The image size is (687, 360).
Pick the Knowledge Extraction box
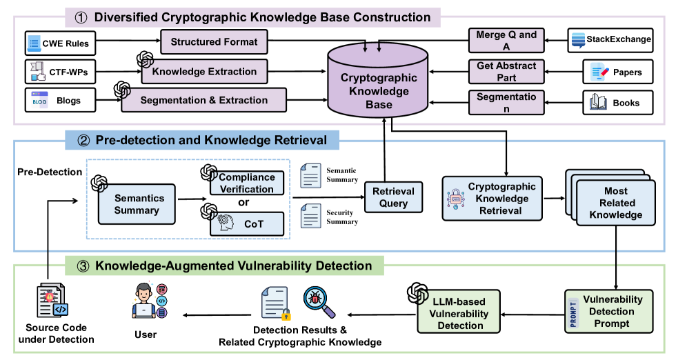(203, 71)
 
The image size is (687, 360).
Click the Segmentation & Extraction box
(203, 100)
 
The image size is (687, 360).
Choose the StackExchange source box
(610, 39)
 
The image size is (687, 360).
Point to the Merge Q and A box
(506, 40)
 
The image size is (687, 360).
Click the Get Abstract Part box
(506, 71)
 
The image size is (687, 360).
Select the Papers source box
(616, 72)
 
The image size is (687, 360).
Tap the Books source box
(616, 103)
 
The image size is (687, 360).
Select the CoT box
(246, 223)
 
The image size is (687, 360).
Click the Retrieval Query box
(393, 197)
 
